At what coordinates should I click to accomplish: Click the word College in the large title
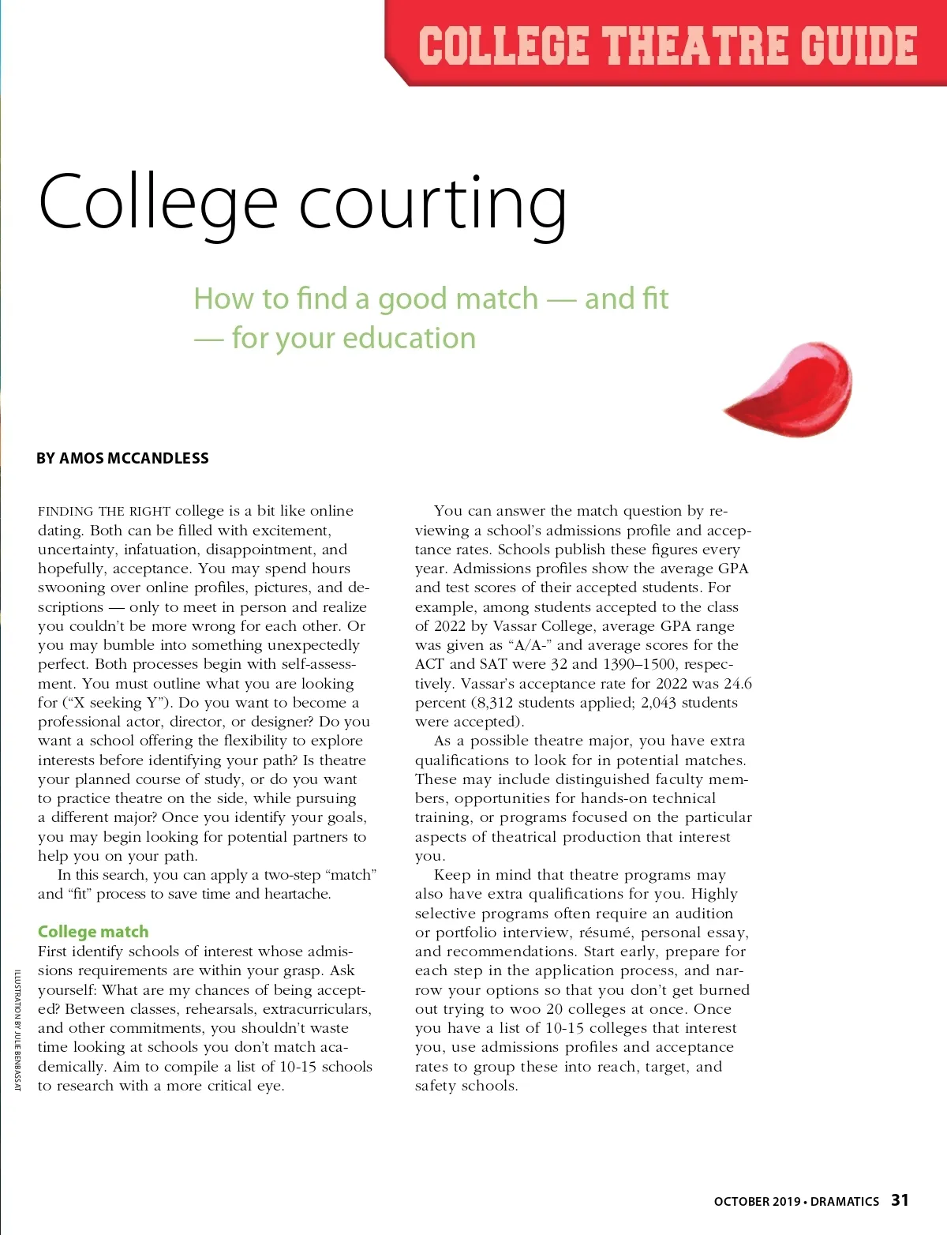click(158, 203)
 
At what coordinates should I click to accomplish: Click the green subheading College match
click(93, 932)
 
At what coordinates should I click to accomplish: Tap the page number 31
click(900, 1200)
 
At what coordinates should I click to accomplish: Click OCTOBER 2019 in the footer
click(757, 1202)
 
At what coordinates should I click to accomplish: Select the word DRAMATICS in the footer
click(844, 1202)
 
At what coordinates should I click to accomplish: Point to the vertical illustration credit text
click(17, 1029)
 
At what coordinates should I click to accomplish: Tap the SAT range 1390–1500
click(639, 664)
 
